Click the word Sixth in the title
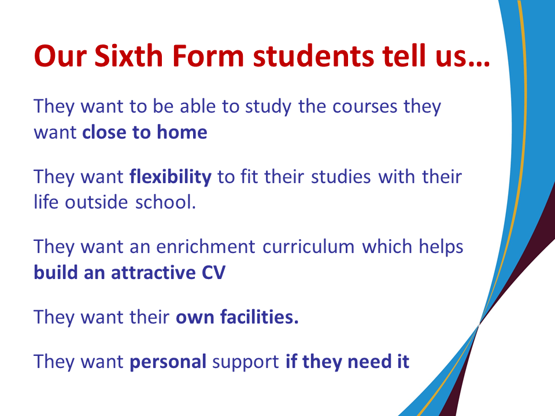(128, 55)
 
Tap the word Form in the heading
(208, 55)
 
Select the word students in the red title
(313, 55)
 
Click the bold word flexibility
(171, 177)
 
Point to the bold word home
(182, 132)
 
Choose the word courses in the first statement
(365, 106)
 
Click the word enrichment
(206, 247)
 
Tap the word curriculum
(308, 247)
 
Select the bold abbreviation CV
(213, 272)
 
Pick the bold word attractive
(153, 272)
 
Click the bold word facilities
(260, 317)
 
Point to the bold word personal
(168, 362)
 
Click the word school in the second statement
(166, 202)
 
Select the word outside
(97, 202)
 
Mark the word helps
(441, 247)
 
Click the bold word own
(195, 317)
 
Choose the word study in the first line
(268, 107)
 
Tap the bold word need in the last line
(369, 362)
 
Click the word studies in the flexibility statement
(341, 177)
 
